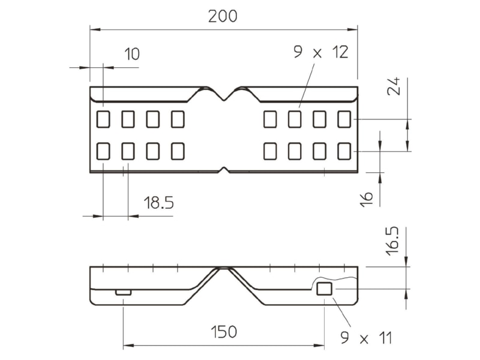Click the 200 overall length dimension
[x=223, y=16]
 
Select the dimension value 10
[x=132, y=54]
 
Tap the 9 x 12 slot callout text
[x=321, y=52]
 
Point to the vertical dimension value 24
[x=394, y=86]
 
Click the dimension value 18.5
[x=158, y=203]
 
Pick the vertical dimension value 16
[x=367, y=200]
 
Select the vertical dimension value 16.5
[x=392, y=241]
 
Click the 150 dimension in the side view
[x=224, y=332]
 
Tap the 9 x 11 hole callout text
[x=366, y=338]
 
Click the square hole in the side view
[x=324, y=289]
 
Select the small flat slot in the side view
[x=124, y=292]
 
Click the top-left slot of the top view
[x=103, y=119]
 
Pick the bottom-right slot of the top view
[x=344, y=151]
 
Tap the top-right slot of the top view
[x=344, y=119]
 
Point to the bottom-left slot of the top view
[x=103, y=151]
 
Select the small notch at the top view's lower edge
[x=224, y=169]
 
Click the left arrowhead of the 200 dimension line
[x=95, y=29]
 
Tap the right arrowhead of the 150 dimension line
[x=319, y=346]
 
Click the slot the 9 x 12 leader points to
[x=295, y=119]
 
